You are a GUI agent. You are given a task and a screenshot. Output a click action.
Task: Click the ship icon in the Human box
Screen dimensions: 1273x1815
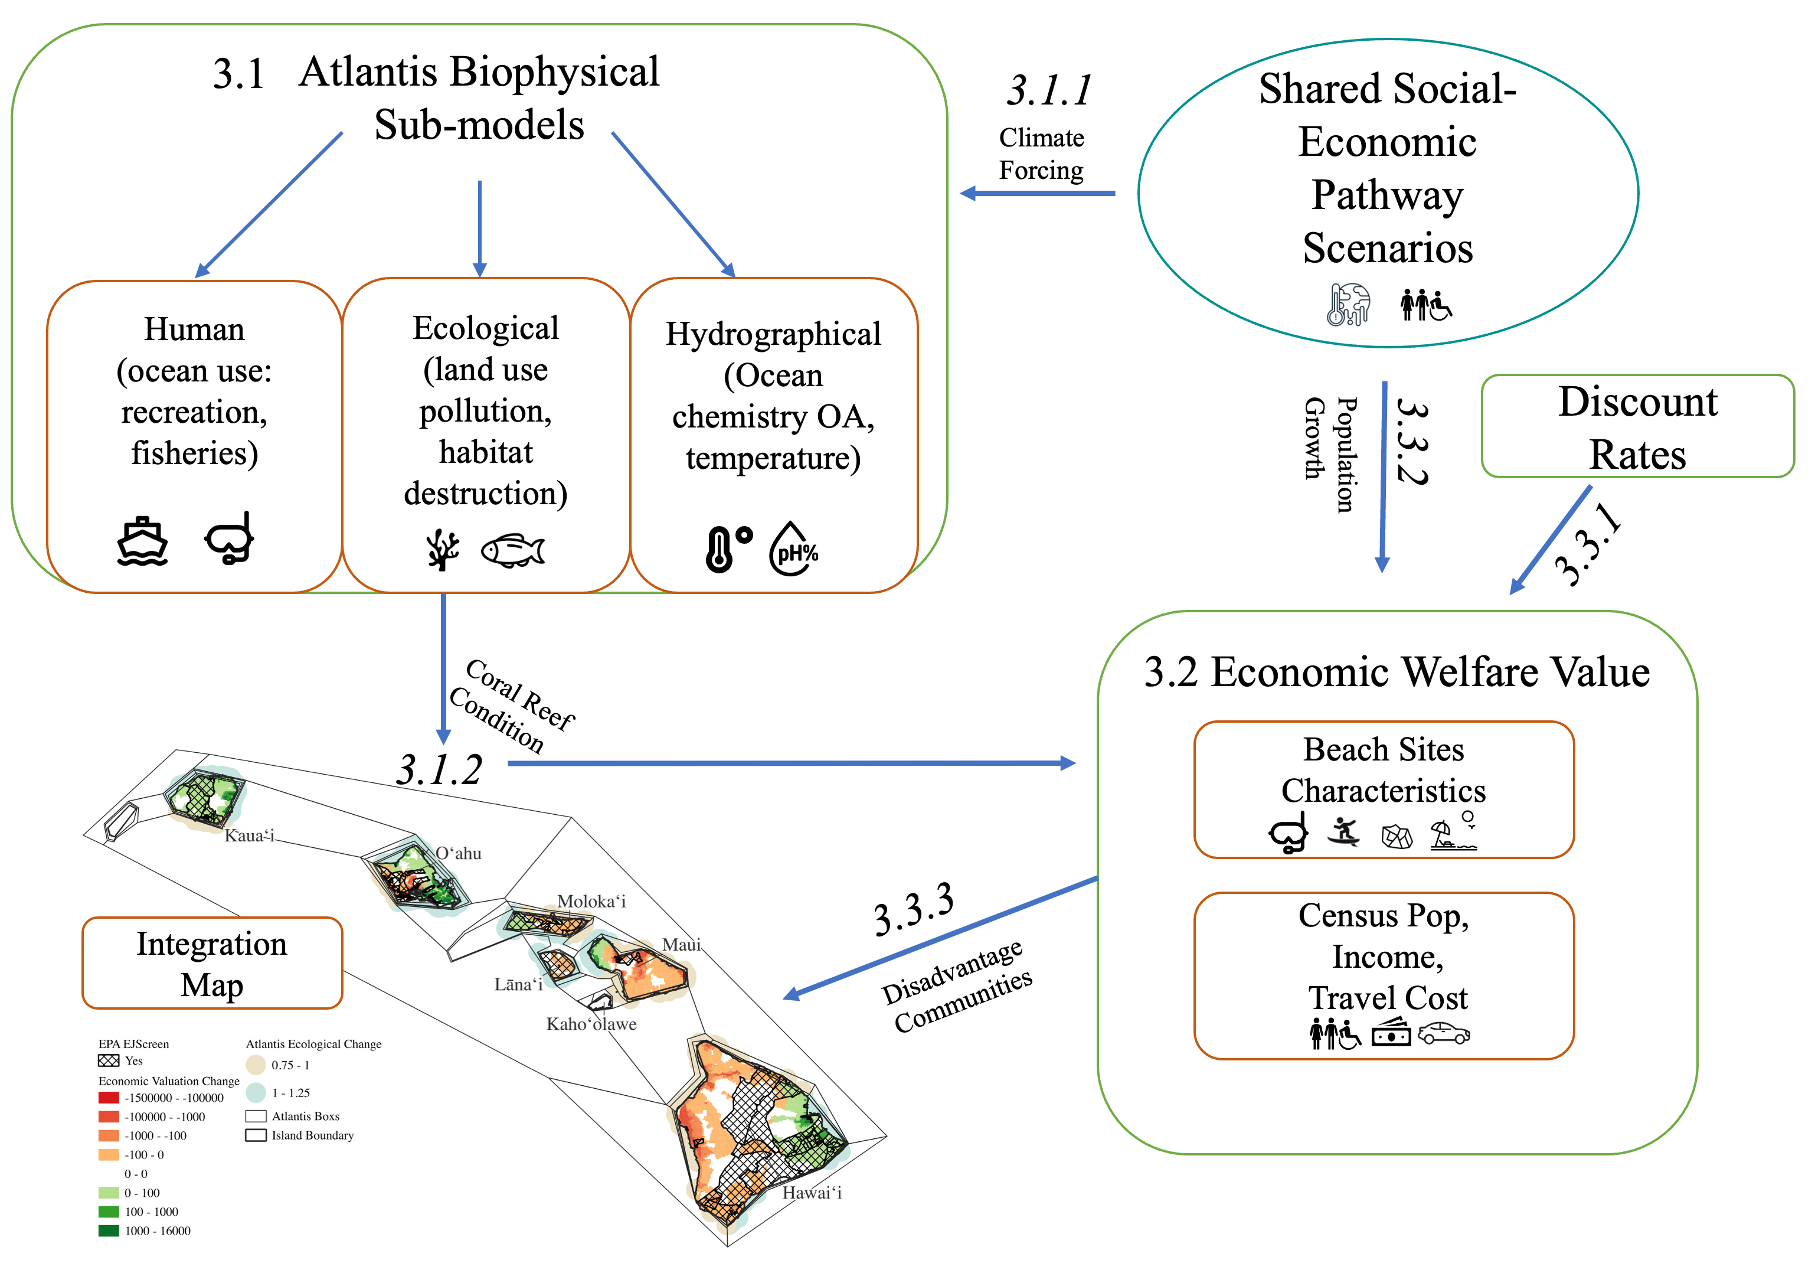(142, 541)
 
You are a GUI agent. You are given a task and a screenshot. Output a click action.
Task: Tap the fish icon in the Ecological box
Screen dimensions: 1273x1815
(513, 550)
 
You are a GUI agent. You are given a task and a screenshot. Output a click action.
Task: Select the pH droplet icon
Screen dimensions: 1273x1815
(794, 548)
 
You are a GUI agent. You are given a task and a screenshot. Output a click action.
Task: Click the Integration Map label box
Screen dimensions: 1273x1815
(212, 963)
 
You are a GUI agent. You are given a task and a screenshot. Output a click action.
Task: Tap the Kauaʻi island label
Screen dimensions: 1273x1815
(249, 835)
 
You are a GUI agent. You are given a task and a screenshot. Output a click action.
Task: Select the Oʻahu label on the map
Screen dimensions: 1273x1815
(459, 853)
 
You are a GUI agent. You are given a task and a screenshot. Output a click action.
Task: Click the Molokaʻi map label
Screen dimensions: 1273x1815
(591, 902)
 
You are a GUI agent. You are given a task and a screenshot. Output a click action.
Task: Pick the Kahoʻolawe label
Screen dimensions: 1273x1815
(591, 1024)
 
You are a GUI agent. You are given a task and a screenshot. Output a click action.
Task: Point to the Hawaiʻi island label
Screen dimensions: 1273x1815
(812, 1192)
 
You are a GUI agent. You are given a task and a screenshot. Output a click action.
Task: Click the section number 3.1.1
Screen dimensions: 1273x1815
(1049, 90)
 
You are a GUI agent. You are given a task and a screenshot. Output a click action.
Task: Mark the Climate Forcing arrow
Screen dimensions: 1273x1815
(1037, 193)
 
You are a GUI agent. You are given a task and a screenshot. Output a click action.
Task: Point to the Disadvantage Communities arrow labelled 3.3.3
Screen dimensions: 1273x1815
(941, 936)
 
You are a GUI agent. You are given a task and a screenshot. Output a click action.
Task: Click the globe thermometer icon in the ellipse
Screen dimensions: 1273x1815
(1348, 305)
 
